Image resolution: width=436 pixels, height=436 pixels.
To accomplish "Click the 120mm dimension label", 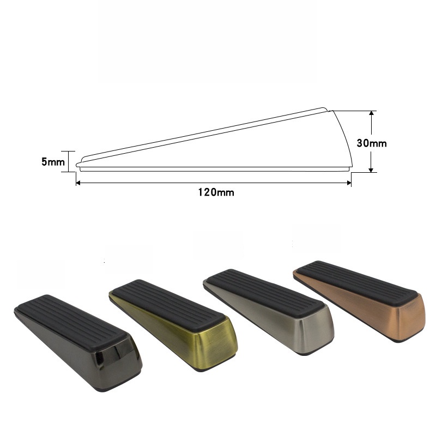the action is coord(216,192).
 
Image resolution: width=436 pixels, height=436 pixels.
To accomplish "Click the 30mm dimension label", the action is coord(372,143).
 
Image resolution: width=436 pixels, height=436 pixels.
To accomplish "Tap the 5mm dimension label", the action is coord(53,162).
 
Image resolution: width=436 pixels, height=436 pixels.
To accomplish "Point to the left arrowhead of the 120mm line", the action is coord(78,183).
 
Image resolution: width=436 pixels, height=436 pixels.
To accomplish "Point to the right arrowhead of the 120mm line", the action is coord(349,183).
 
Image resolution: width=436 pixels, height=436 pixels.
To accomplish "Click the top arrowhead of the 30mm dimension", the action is coord(371,113).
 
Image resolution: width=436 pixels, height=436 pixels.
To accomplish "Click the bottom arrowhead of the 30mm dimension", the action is coord(371,170).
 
